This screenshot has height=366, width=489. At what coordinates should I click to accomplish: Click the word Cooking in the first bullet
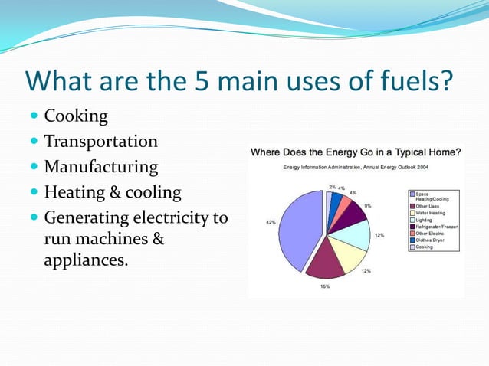pos(76,116)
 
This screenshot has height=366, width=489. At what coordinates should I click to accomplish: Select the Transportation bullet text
pos(100,142)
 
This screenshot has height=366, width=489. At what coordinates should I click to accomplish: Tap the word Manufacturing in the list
pos(100,166)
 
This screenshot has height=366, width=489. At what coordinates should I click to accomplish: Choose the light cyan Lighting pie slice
pos(357,234)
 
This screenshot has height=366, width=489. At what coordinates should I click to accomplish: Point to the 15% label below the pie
pos(325,286)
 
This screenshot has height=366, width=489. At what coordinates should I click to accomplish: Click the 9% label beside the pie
pos(368,206)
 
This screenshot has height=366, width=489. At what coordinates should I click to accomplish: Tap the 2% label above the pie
pos(331,186)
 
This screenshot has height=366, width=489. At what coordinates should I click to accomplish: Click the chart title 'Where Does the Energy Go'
pos(356,152)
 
